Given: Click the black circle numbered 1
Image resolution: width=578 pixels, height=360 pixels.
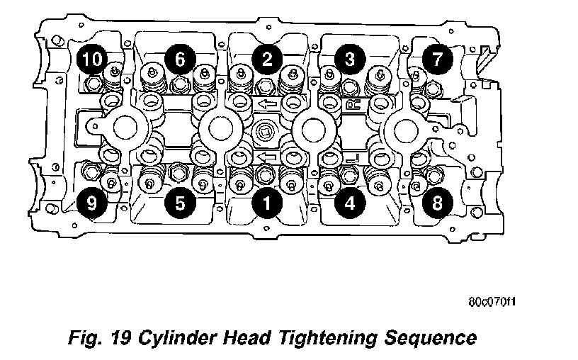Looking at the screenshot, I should (x=266, y=203).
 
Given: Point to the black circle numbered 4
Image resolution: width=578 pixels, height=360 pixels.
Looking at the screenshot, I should (x=348, y=203).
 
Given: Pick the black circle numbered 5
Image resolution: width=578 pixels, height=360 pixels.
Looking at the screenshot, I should (x=180, y=203).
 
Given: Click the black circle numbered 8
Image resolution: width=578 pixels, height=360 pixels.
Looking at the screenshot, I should (x=437, y=203).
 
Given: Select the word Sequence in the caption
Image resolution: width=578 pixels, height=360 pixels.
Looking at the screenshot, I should (x=444, y=336).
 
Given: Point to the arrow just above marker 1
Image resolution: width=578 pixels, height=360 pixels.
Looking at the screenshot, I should (x=267, y=157).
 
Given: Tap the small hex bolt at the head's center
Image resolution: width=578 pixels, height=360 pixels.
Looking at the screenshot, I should (x=267, y=131).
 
